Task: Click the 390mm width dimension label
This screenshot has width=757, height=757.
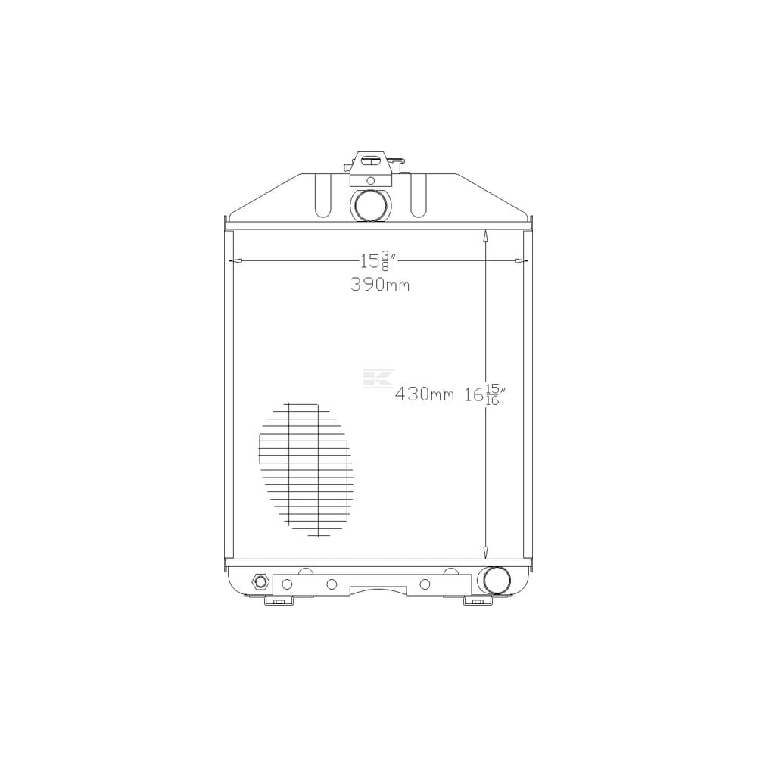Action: (380, 285)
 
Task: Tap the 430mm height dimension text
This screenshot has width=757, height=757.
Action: (425, 394)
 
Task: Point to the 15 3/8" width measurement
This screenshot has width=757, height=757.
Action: (378, 261)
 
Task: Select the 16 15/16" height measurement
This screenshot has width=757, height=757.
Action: (484, 395)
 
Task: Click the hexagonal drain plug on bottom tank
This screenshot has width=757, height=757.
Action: (260, 581)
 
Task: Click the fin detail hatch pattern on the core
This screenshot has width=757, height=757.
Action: (306, 469)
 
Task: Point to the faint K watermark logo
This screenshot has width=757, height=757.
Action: (378, 378)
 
